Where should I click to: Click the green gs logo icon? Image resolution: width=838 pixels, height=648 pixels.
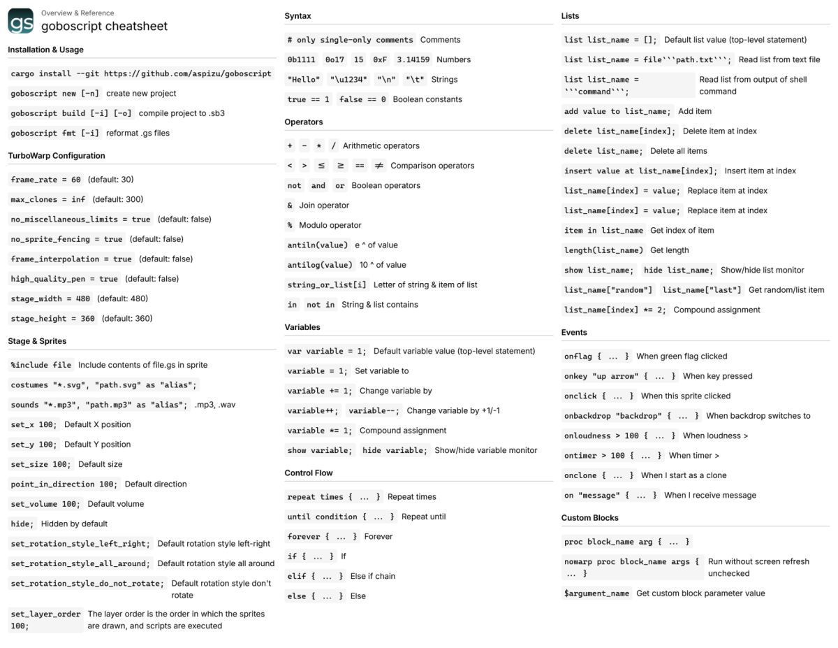point(20,21)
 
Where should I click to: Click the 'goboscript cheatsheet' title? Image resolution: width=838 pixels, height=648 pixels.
point(104,27)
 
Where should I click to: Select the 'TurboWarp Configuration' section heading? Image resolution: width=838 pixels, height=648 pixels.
point(57,156)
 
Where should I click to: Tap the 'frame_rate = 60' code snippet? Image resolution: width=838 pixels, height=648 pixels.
point(46,180)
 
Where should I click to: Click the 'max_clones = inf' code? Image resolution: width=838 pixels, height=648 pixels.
point(48,199)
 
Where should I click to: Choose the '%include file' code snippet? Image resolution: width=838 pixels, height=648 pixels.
point(41,365)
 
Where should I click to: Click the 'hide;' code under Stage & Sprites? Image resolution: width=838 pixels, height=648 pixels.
point(22,524)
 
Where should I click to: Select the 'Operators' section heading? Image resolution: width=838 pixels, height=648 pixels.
point(304,122)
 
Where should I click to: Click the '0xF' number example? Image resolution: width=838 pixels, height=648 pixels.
point(380,60)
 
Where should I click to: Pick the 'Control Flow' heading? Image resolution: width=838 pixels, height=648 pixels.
point(309,473)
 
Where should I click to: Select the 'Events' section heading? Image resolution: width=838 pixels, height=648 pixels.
point(574,333)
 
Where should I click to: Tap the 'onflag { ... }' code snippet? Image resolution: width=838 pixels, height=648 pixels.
point(597,357)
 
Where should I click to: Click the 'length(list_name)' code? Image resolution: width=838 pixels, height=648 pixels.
point(603,250)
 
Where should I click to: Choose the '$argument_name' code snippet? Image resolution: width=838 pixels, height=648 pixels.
point(596,593)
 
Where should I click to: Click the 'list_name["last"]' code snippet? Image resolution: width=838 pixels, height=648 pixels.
point(702,290)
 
